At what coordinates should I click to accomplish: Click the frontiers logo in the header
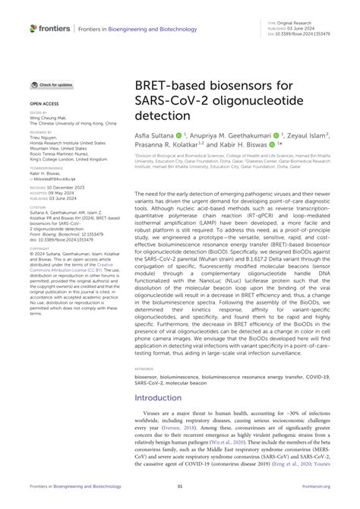50,28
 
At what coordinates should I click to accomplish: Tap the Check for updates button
52,85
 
